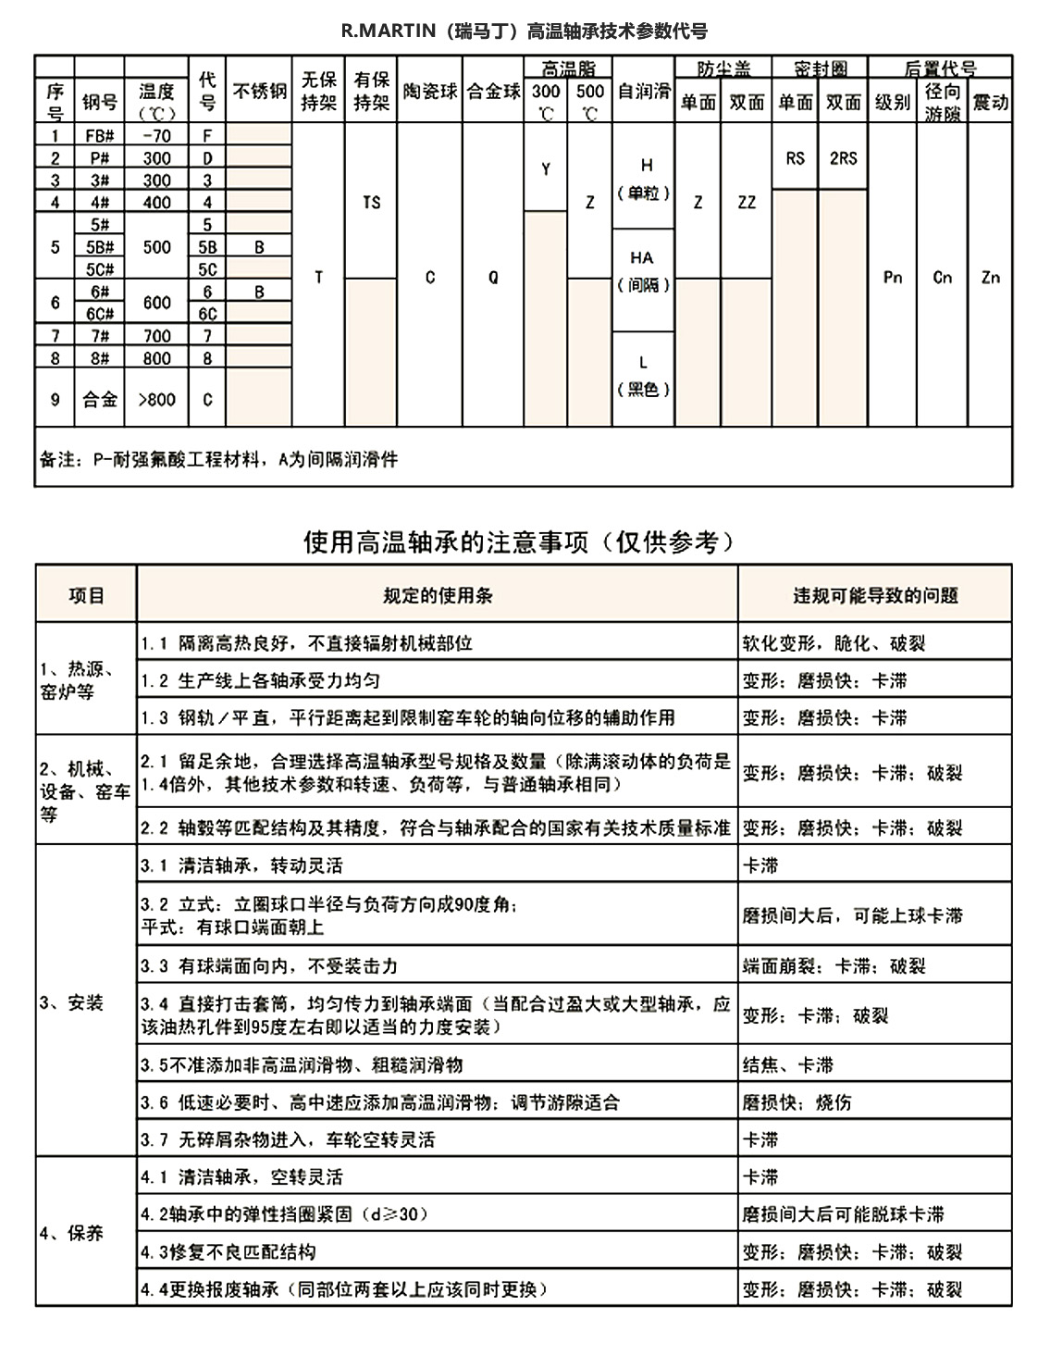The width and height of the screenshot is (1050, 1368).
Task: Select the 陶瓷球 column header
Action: [x=430, y=92]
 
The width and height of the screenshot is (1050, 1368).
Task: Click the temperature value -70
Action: [x=156, y=135]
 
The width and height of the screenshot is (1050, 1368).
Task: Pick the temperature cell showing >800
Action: [x=156, y=400]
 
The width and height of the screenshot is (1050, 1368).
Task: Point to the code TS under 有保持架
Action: [x=371, y=203]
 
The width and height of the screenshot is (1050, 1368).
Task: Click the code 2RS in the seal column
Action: [x=843, y=158]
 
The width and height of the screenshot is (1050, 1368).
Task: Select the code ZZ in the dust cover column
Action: [x=747, y=203]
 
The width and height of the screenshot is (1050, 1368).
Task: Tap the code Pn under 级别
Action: [x=893, y=277]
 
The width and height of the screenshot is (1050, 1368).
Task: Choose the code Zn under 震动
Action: [x=990, y=277]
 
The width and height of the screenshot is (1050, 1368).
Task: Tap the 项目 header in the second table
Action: [x=86, y=595]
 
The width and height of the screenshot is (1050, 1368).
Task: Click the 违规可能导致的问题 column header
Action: [x=874, y=595]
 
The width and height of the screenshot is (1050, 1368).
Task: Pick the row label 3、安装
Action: [x=71, y=1002]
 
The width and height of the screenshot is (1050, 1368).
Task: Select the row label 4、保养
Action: [x=71, y=1233]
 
